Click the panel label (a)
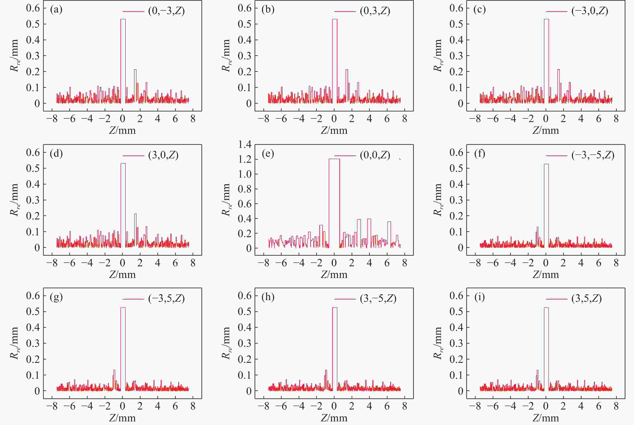56,10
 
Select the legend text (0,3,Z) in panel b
375,11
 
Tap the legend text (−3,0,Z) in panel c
590,11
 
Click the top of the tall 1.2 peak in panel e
334,159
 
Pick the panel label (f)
480,154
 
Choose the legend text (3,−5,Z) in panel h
378,298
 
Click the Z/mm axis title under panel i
546,418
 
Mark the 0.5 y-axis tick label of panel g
33,311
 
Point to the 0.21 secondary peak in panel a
135,70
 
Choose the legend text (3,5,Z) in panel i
586,298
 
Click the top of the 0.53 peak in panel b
335,19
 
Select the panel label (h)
268,297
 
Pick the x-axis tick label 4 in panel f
581,263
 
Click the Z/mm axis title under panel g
122,418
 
